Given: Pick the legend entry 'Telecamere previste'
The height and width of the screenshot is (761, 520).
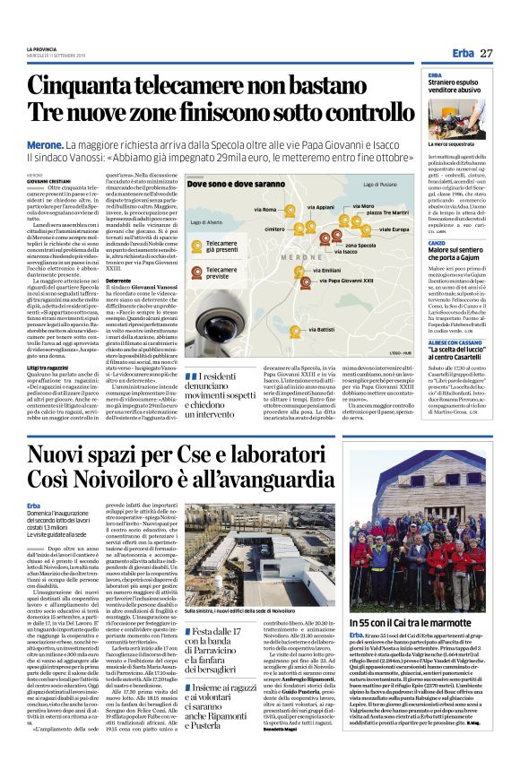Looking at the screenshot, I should pos(219,277).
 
